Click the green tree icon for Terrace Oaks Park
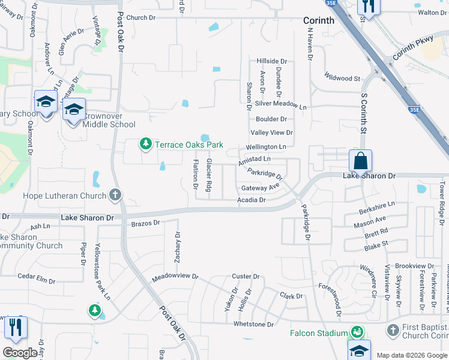pyautogui.click(x=145, y=144)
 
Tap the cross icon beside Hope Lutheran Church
pyautogui.click(x=115, y=195)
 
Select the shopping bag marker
pyautogui.click(x=360, y=161)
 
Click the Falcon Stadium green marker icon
pyautogui.click(x=357, y=332)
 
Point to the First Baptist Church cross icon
pyautogui.click(x=393, y=330)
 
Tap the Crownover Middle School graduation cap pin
pyautogui.click(x=74, y=111)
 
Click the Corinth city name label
pyautogui.click(x=319, y=20)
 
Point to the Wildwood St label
pyautogui.click(x=342, y=78)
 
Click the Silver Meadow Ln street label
pyautogui.click(x=280, y=104)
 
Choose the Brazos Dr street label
pyautogui.click(x=145, y=223)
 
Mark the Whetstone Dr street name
pyautogui.click(x=253, y=324)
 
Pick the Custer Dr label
pyautogui.click(x=246, y=277)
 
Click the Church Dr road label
pyautogui.click(x=141, y=18)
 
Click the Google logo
pyautogui.click(x=20, y=353)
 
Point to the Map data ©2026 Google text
pyautogui.click(x=411, y=355)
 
